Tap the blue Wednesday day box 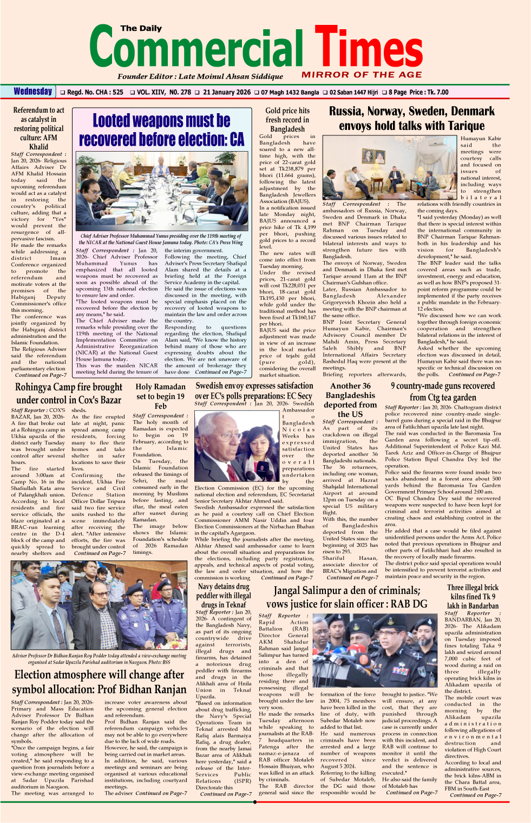tap(33, 92)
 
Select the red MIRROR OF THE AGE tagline tap(362, 75)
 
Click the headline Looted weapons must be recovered tap(161, 130)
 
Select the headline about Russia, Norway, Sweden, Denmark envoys tap(411, 119)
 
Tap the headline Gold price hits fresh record tap(287, 120)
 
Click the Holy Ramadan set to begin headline tap(160, 396)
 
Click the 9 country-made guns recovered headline tap(443, 391)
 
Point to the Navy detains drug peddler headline tap(224, 596)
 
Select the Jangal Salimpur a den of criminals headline tap(346, 597)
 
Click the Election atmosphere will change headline tap(99, 682)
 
